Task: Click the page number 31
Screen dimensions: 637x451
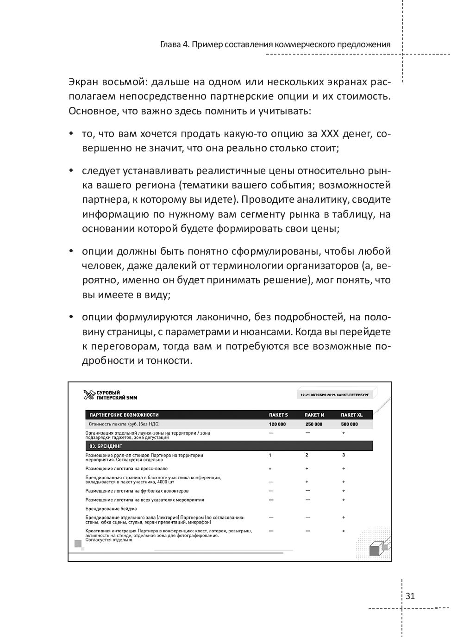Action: [x=410, y=596]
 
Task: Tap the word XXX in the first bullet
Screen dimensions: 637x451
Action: [x=329, y=134]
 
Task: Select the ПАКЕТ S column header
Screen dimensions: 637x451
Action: [x=278, y=415]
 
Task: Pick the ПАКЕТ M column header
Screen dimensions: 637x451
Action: [x=314, y=415]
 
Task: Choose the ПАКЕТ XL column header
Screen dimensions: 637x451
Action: [x=351, y=415]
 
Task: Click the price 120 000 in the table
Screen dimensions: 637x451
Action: [x=277, y=424]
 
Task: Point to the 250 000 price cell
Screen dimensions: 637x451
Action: [x=313, y=424]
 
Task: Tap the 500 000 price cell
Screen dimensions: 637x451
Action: [x=350, y=424]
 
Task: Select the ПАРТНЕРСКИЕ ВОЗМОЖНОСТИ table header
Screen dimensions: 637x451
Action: [x=124, y=415]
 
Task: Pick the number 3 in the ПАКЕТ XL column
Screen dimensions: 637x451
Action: [x=344, y=455]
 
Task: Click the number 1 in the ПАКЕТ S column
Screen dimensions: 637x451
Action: [x=270, y=455]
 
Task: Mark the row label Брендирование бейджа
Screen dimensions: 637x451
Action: [x=111, y=509]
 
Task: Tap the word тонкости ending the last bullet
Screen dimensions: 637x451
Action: [x=171, y=361]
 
